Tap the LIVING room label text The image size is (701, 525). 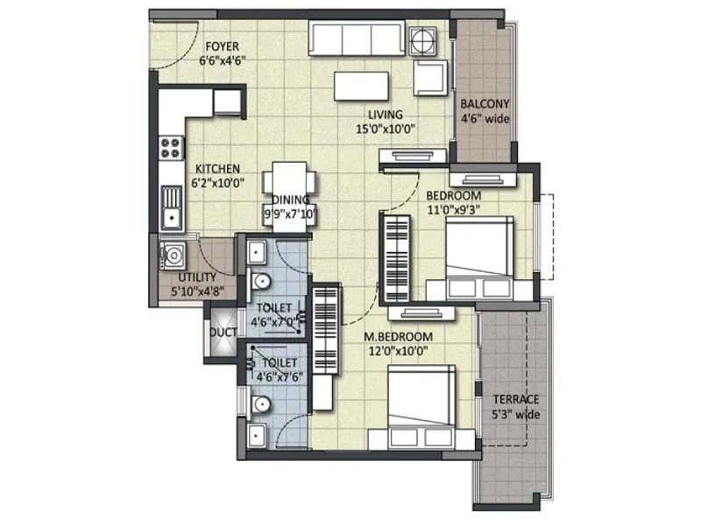[385, 115]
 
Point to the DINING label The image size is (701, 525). [289, 199]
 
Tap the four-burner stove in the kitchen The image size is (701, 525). [170, 147]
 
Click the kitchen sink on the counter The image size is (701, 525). [172, 210]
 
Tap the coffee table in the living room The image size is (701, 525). [360, 85]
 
